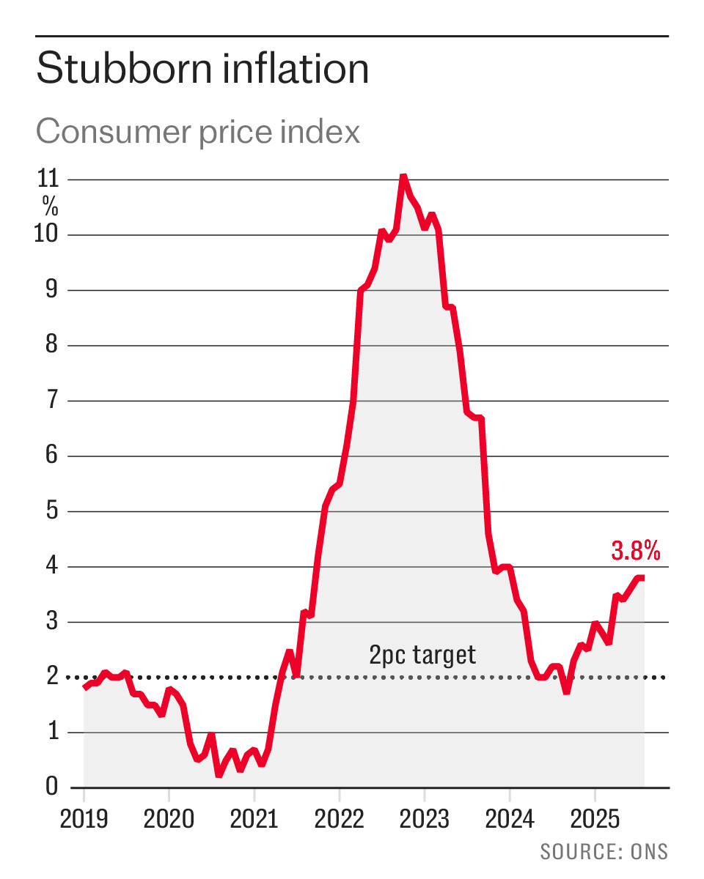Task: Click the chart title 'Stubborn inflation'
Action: coord(202,68)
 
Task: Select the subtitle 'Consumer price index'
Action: coord(198,132)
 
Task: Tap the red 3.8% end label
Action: coord(636,550)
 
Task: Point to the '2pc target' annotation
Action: coord(422,655)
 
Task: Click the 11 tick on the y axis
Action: coord(48,179)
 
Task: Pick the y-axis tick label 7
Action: coord(51,399)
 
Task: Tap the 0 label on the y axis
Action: coord(51,785)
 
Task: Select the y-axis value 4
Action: coord(51,565)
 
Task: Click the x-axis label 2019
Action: coord(84,818)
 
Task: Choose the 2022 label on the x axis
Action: coord(339,818)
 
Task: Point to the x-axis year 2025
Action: coord(595,818)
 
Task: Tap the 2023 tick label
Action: coord(424,818)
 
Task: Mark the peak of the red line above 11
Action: coord(403,176)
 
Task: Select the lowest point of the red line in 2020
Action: coord(219,774)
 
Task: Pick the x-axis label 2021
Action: coord(254,818)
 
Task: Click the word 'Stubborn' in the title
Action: coord(125,68)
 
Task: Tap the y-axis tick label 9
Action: coord(51,289)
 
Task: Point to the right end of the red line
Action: coord(644,577)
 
